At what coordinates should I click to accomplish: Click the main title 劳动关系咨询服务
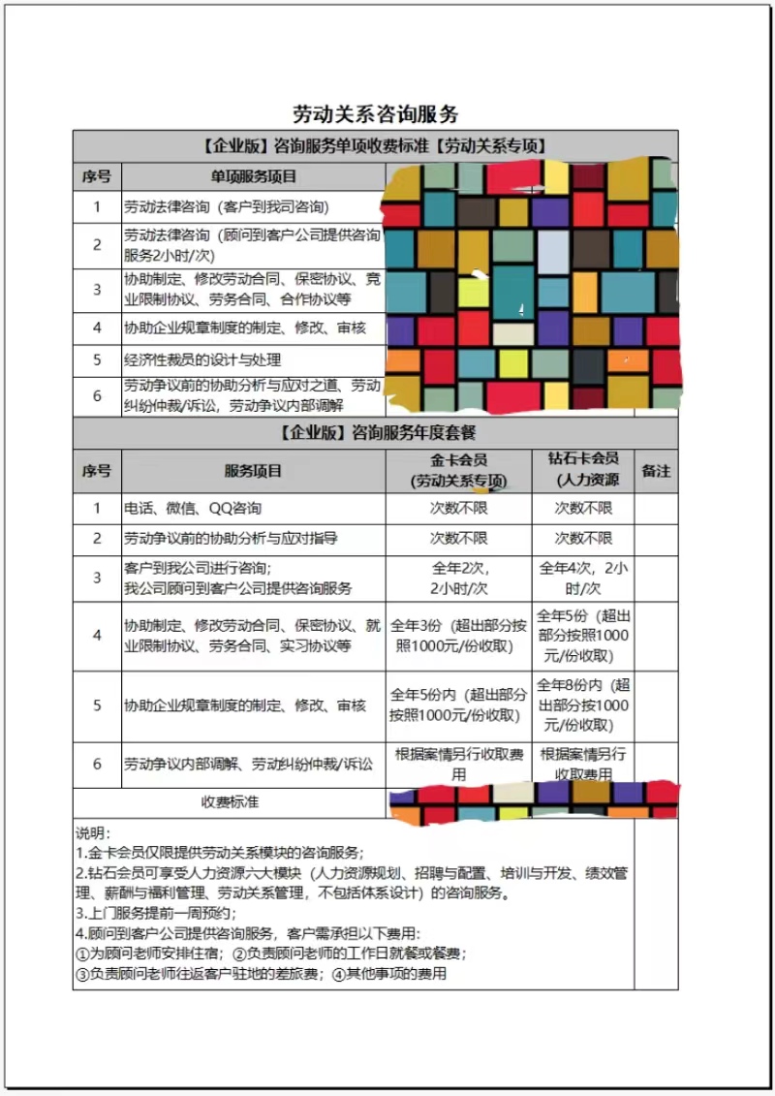coord(375,114)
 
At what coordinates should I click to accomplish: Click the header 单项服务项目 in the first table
coord(254,176)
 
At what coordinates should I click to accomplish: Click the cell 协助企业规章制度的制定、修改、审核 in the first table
coord(245,328)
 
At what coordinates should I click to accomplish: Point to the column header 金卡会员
coord(459,469)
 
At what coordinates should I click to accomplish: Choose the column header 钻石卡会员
coord(583,469)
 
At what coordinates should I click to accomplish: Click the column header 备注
coord(656,471)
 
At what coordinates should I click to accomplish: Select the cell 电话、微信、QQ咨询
coord(192,508)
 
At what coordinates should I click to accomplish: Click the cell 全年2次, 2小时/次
coord(459,578)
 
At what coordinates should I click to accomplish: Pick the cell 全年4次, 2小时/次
coord(583,578)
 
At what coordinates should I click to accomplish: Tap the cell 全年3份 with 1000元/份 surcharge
coord(459,636)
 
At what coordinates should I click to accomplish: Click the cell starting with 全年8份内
coord(583,705)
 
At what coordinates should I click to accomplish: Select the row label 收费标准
coord(230,801)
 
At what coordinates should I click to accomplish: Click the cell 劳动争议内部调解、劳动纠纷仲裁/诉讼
coord(248,764)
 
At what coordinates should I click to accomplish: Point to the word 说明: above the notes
coord(94,832)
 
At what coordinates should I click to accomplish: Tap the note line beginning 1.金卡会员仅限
coord(220,853)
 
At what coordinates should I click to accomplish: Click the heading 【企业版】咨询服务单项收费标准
coord(375,145)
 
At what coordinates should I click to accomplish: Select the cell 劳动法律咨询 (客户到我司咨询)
coord(226,206)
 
